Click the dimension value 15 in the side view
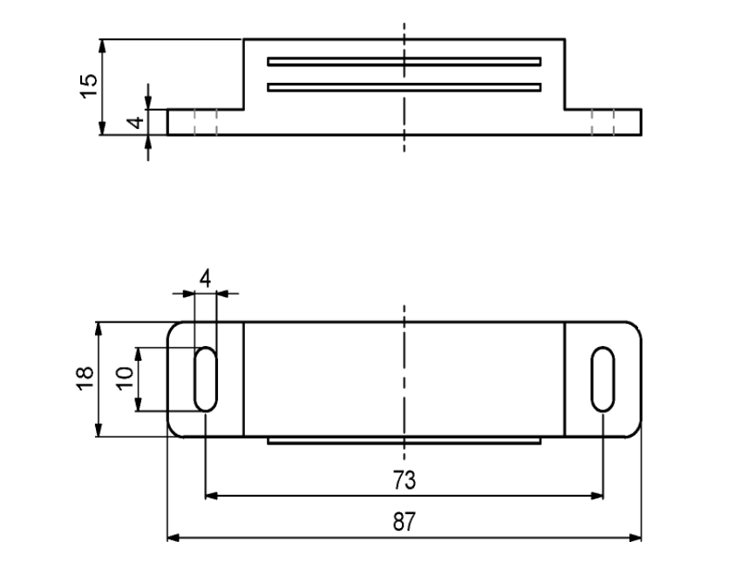coord(89,86)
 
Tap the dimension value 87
coord(404,522)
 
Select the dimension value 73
coord(404,480)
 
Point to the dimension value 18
coord(85,379)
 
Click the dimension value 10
coord(124,379)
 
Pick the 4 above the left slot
coord(206,279)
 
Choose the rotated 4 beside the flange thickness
coord(137,122)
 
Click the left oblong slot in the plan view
coord(206,379)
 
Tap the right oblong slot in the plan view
coord(602,379)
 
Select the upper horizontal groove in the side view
coord(404,62)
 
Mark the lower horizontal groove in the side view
coord(404,87)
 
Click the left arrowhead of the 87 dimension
coord(173,538)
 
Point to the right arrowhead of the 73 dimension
coord(597,496)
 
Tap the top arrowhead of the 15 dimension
coord(102,45)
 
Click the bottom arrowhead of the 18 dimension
coord(99,430)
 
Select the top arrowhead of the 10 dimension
coord(139,354)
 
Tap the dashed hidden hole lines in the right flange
coord(602,122)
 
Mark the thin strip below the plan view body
coord(404,440)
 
